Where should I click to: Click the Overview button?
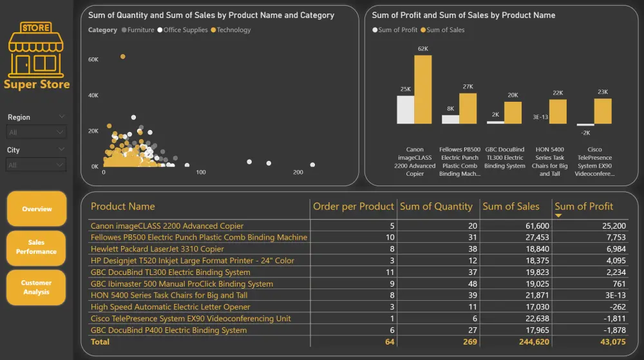[36, 209]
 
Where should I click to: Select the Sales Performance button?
[36, 247]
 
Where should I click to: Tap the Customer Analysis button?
[36, 287]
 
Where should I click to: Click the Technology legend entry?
[233, 30]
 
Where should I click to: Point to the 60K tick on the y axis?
[93, 59]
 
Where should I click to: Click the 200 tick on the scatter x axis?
[298, 173]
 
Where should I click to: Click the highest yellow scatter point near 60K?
[122, 57]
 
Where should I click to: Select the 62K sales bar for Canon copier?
[422, 89]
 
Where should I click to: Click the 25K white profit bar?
[405, 109]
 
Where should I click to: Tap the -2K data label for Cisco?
[585, 132]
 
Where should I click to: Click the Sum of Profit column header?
[583, 207]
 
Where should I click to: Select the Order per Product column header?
[353, 207]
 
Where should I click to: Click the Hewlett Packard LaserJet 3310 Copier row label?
[157, 249]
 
